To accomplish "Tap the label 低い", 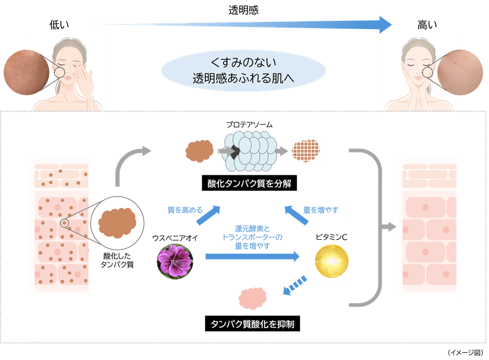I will (x=59, y=24).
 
